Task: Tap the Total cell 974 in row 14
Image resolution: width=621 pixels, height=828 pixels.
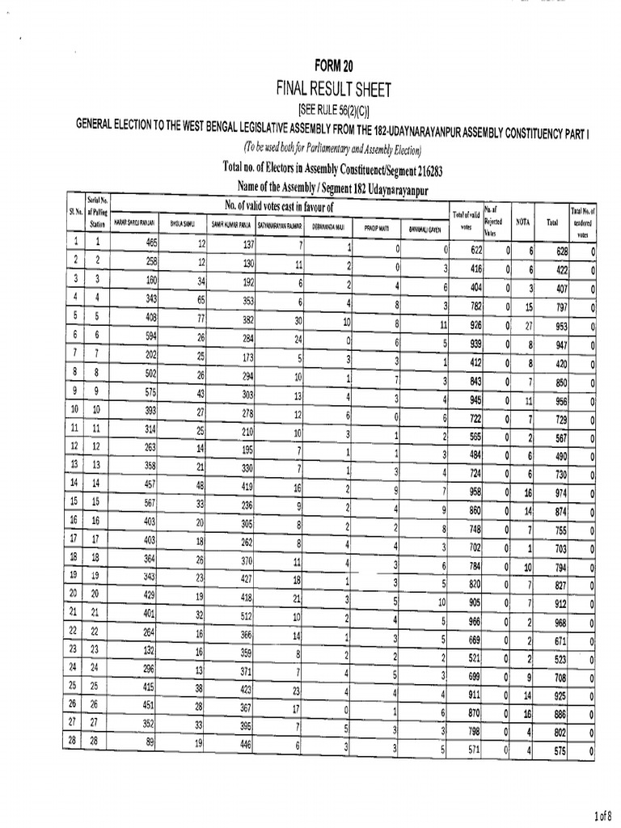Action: (556, 492)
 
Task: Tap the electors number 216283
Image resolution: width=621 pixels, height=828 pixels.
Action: (420, 171)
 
